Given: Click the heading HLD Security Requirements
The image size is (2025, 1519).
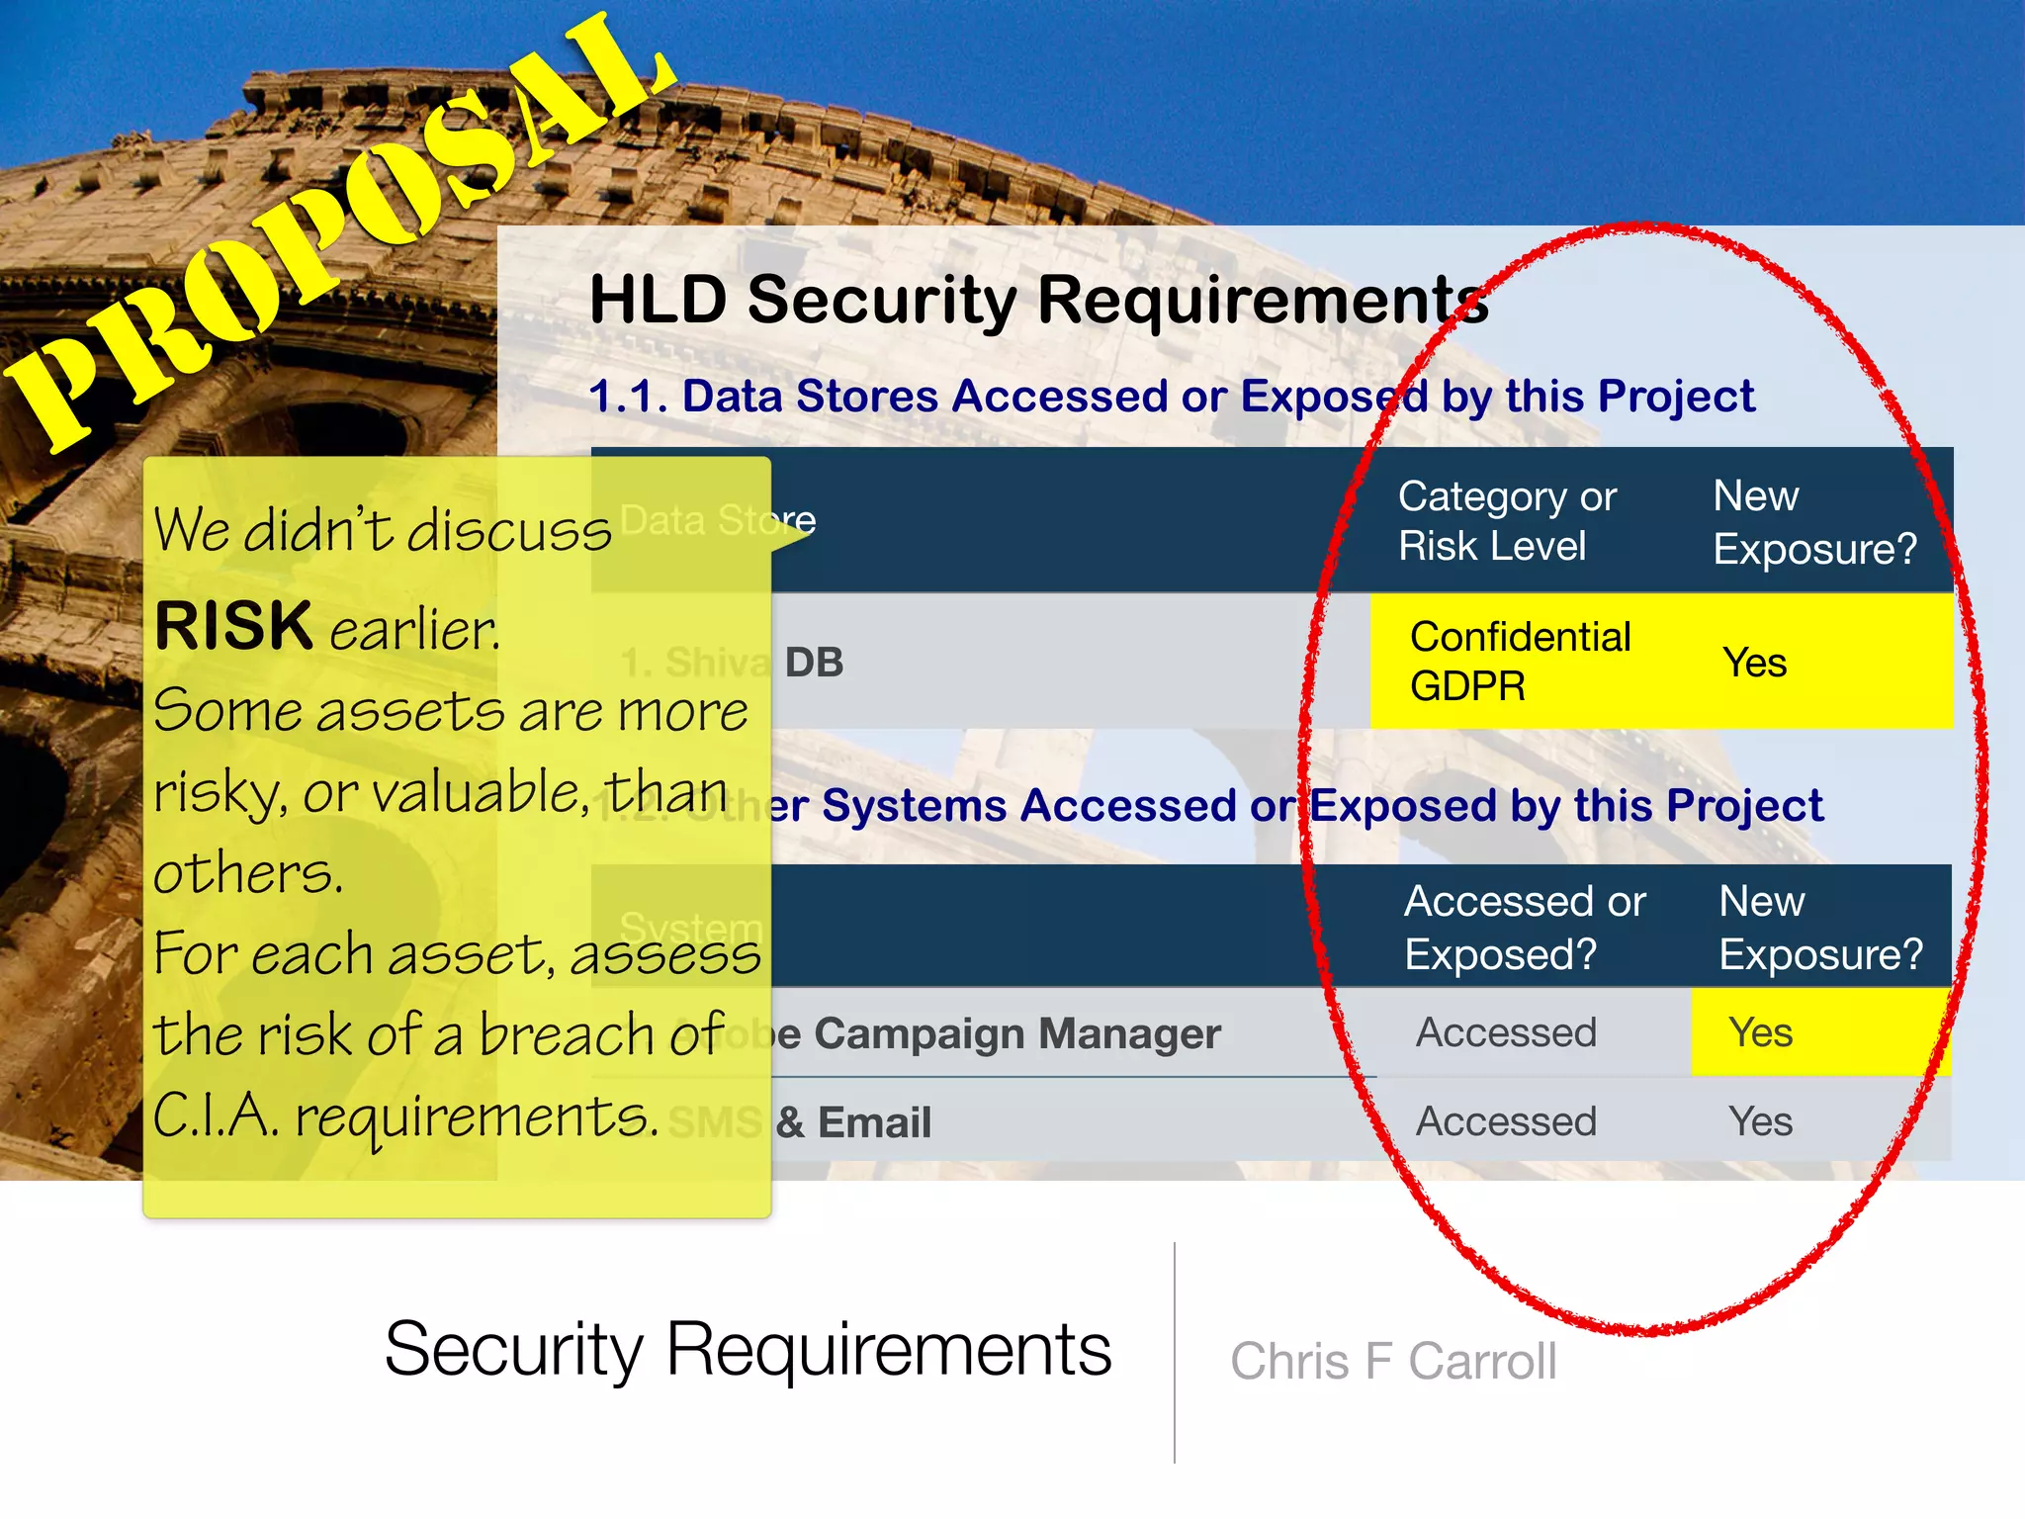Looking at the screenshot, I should point(1038,300).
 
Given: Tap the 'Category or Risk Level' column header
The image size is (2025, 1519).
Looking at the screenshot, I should point(1507,521).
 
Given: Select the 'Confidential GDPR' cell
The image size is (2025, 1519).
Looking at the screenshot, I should point(1520,661).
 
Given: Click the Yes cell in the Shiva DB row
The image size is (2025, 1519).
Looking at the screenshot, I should point(1754,663).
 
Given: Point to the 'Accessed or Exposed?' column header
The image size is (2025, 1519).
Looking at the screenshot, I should point(1525,928).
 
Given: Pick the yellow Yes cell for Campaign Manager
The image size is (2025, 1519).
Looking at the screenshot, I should point(1760,1032).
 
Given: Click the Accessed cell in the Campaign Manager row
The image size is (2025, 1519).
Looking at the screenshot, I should point(1506,1032).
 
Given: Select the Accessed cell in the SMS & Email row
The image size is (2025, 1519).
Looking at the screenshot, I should point(1506,1121).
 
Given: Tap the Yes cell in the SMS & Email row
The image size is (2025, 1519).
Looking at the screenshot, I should point(1760,1121).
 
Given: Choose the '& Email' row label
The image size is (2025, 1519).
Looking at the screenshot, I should point(853,1122).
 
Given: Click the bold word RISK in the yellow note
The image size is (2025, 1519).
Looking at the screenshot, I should point(233,626).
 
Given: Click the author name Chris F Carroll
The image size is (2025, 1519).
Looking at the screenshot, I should point(1393,1362).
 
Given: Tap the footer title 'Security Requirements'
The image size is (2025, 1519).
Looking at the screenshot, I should point(748,1349).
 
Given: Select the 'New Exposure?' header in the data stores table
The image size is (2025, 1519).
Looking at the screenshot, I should point(1814,521).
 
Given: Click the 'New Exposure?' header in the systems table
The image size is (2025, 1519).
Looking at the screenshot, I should point(1820,928).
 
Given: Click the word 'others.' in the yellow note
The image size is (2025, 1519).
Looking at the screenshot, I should point(248,873).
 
